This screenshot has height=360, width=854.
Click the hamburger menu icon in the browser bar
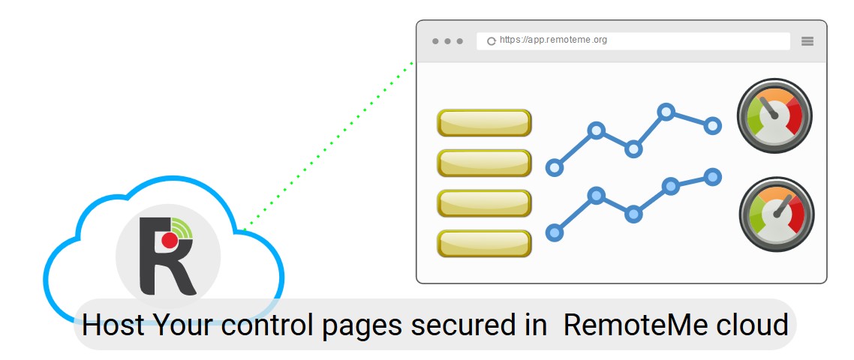(x=807, y=41)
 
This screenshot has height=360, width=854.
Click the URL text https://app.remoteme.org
(x=553, y=40)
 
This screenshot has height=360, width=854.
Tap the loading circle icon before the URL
(x=492, y=41)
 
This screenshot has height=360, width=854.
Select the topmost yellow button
(x=484, y=123)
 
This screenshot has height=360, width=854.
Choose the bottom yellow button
(x=484, y=244)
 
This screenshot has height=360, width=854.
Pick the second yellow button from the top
(x=484, y=163)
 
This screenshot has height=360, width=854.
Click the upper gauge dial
(x=774, y=116)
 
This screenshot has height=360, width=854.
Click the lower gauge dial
(x=776, y=214)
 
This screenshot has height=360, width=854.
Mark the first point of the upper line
(x=555, y=167)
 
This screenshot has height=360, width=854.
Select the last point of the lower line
(x=713, y=177)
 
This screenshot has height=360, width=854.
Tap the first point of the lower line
(x=555, y=233)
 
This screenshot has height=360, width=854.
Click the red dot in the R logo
(x=170, y=240)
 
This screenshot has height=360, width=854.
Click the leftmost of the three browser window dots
(x=435, y=41)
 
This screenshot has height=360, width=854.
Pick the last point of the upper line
(x=713, y=125)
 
